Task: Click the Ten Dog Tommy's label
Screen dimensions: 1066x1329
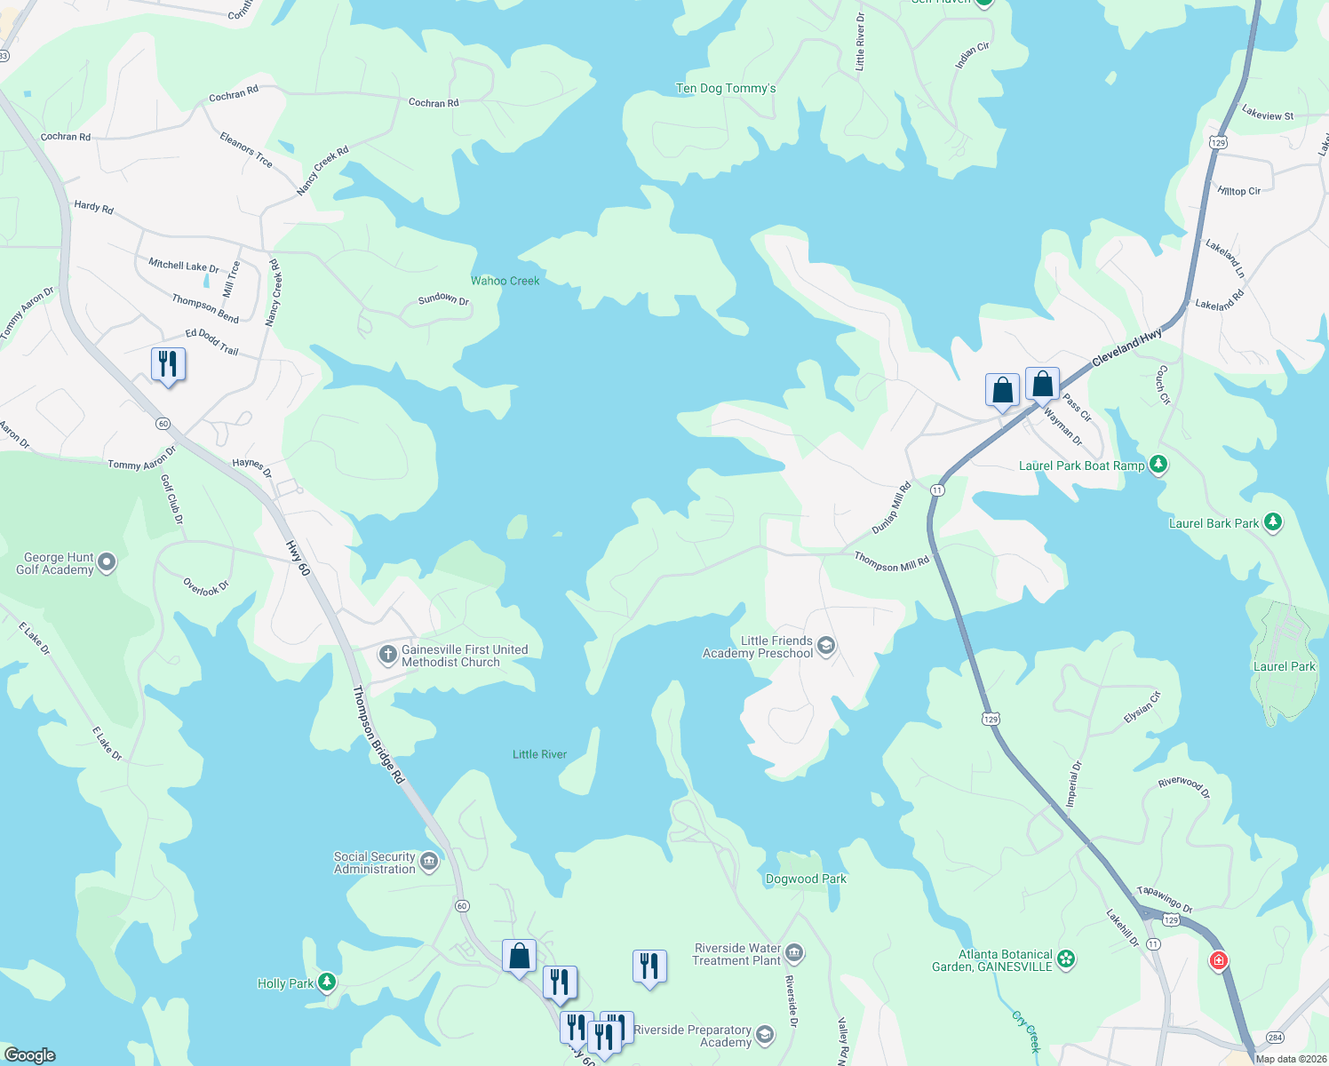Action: pyautogui.click(x=726, y=89)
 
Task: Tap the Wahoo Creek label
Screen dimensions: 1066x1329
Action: pyautogui.click(x=505, y=281)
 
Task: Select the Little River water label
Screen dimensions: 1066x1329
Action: pyautogui.click(x=539, y=754)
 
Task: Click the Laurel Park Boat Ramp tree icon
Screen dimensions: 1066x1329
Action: pyautogui.click(x=1158, y=464)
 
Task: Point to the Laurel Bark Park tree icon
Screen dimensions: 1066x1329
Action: pyautogui.click(x=1273, y=522)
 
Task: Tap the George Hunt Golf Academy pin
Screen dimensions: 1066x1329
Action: pyautogui.click(x=107, y=562)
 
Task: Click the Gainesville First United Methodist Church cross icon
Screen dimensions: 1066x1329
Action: pyautogui.click(x=387, y=656)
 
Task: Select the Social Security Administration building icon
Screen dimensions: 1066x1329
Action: pyautogui.click(x=429, y=862)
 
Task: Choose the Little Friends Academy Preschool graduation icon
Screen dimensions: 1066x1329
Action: pyautogui.click(x=826, y=646)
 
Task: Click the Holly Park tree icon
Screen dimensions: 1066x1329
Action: pyautogui.click(x=328, y=982)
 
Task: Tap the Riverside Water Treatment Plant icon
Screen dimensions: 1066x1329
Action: pyautogui.click(x=794, y=954)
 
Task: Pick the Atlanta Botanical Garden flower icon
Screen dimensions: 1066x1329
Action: pyautogui.click(x=1066, y=959)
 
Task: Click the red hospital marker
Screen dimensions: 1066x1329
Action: pyautogui.click(x=1219, y=960)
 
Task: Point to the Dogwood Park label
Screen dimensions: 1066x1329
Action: pyautogui.click(x=806, y=879)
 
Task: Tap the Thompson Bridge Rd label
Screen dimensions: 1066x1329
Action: pyautogui.click(x=378, y=734)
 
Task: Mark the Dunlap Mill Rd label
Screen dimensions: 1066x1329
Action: pyautogui.click(x=891, y=507)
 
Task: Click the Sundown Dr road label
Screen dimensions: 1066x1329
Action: pyautogui.click(x=443, y=299)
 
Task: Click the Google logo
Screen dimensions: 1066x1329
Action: pyautogui.click(x=30, y=1054)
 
